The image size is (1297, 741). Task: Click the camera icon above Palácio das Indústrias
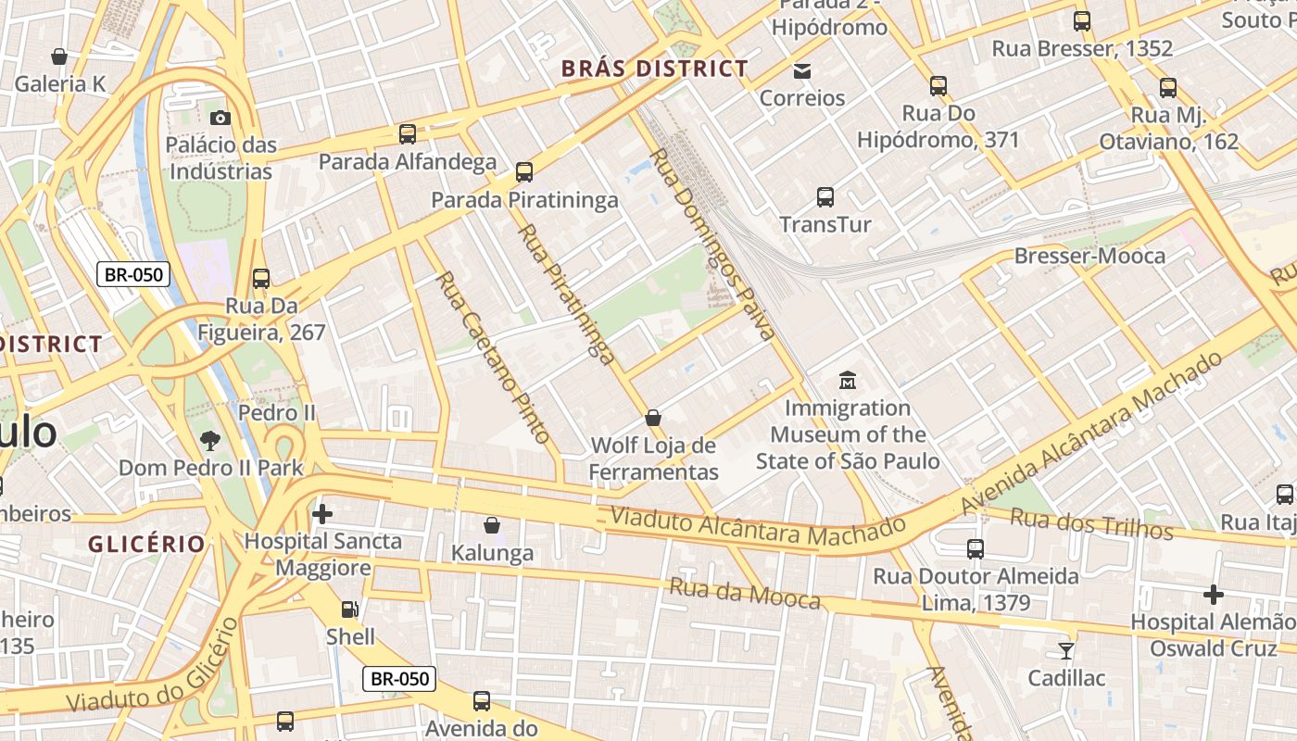tap(220, 118)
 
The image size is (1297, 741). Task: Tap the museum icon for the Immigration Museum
tap(848, 380)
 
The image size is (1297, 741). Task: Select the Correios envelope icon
tap(802, 70)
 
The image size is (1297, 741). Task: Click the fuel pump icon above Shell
tap(350, 609)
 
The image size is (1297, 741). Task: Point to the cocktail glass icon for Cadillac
tap(1066, 650)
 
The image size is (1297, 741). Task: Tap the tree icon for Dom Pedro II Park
tap(210, 440)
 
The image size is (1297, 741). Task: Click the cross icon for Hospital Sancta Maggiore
tap(322, 513)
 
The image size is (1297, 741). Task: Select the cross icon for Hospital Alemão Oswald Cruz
tap(1214, 594)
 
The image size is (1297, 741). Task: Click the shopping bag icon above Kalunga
tap(492, 525)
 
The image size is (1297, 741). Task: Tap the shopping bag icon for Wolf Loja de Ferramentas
tap(653, 418)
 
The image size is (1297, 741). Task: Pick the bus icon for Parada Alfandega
tap(408, 134)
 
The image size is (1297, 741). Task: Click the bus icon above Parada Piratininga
tap(524, 171)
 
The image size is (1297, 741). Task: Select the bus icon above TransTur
tap(825, 196)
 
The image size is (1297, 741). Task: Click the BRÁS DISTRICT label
tap(655, 69)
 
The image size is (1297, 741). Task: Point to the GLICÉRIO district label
tap(146, 544)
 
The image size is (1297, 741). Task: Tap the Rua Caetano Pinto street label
tap(493, 357)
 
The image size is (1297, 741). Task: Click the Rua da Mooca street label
tap(745, 594)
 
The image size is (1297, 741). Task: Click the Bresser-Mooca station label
tap(1090, 256)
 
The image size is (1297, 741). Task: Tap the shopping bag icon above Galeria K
tap(59, 57)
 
